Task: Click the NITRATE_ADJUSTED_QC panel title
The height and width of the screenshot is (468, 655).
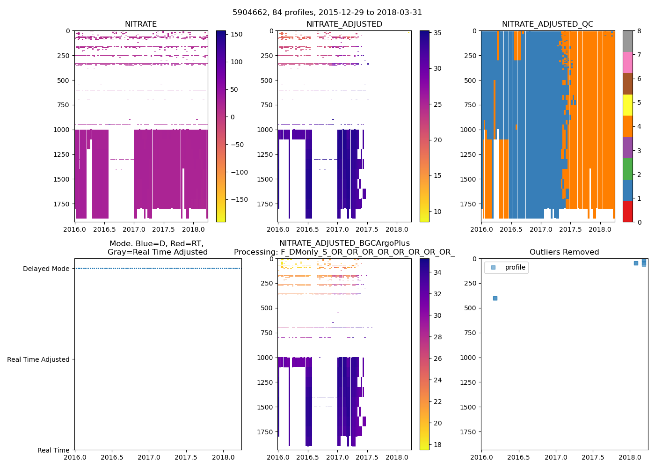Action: click(x=547, y=24)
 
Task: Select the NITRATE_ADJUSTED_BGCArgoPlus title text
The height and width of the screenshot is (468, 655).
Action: click(x=344, y=243)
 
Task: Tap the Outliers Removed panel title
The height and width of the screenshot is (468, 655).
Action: click(x=564, y=252)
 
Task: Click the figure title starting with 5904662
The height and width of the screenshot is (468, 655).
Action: click(x=327, y=13)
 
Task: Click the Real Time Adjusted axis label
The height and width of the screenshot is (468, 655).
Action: click(x=38, y=359)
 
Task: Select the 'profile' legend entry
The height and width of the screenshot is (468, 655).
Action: click(x=515, y=267)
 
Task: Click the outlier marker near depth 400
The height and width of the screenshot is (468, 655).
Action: click(x=495, y=298)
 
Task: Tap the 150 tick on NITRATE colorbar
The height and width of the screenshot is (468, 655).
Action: click(x=237, y=34)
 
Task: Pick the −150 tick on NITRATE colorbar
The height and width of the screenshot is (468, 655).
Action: click(x=240, y=199)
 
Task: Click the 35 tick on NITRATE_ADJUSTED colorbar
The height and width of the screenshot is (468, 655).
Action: click(x=437, y=33)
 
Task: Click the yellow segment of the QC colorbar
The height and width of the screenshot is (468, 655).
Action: click(x=627, y=105)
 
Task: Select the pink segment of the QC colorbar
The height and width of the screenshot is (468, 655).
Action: click(x=627, y=62)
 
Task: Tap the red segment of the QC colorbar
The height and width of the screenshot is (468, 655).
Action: click(x=627, y=211)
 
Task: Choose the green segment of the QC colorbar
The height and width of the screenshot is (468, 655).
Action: click(x=627, y=168)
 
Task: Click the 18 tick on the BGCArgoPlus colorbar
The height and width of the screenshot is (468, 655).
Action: click(x=437, y=445)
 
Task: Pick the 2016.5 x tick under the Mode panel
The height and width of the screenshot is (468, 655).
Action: click(x=112, y=457)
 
